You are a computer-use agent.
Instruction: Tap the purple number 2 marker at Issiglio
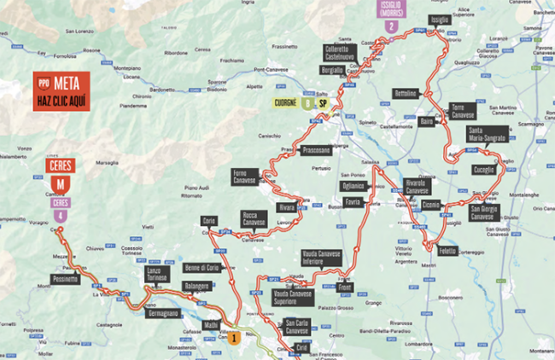pyautogui.click(x=390, y=26)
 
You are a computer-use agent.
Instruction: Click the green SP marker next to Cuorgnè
pyautogui.click(x=323, y=102)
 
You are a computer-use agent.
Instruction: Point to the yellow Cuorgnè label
pyautogui.click(x=286, y=102)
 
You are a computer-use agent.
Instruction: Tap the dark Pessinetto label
pyautogui.click(x=65, y=279)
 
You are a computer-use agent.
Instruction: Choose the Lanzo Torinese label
pyautogui.click(x=156, y=274)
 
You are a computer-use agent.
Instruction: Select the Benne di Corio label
pyautogui.click(x=203, y=267)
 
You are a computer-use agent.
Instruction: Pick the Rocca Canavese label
pyautogui.click(x=254, y=219)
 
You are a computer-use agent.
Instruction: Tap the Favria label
pyautogui.click(x=353, y=201)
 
